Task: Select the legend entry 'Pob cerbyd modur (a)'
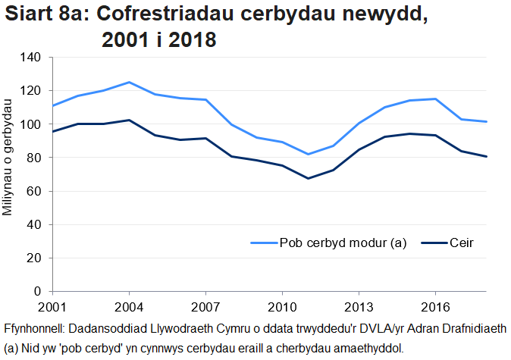(343, 243)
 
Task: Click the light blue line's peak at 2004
(129, 82)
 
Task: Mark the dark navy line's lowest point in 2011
(308, 178)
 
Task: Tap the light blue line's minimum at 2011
(308, 154)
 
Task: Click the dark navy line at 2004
(129, 120)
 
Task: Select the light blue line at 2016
(435, 99)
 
